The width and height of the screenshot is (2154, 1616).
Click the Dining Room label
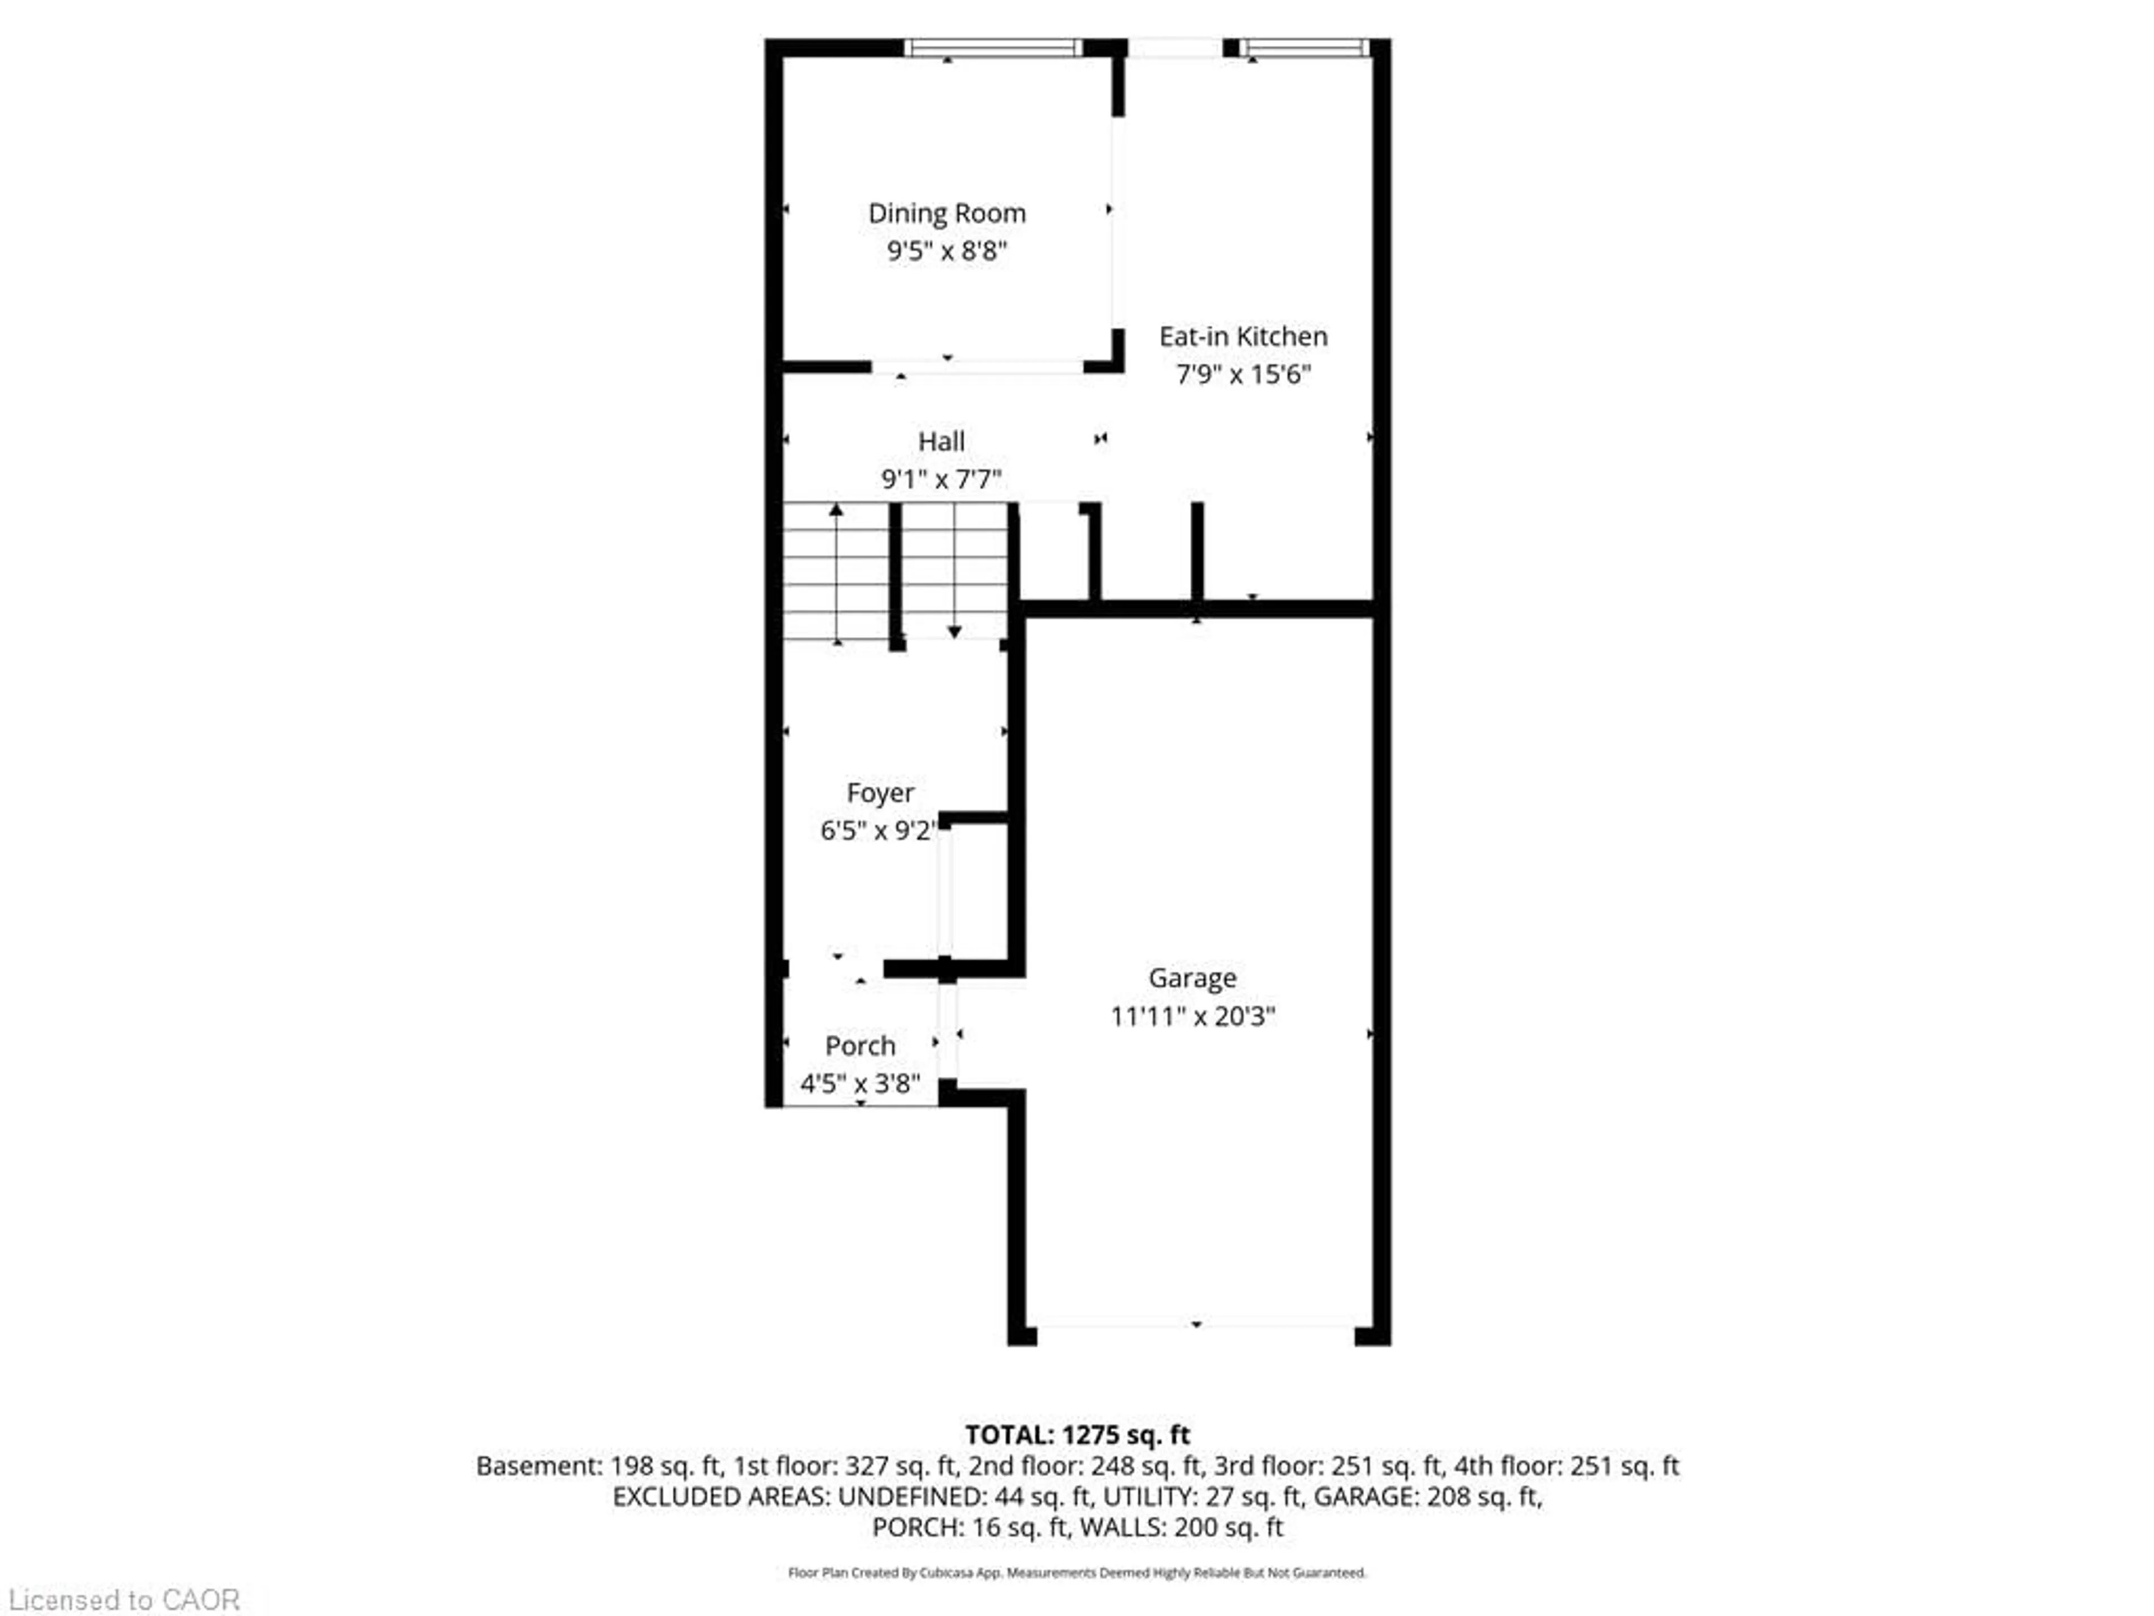(x=946, y=213)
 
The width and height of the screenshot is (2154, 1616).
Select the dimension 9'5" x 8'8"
(x=946, y=251)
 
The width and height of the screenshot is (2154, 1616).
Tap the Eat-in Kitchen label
(x=1242, y=337)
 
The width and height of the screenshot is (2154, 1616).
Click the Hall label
(x=941, y=441)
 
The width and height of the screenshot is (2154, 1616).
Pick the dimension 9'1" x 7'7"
(x=941, y=479)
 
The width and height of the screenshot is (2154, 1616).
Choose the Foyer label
(x=880, y=793)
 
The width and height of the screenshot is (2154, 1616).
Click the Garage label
(x=1192, y=978)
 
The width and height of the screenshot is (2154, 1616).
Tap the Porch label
(x=860, y=1046)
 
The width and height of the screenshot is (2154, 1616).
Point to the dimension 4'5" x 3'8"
(x=860, y=1084)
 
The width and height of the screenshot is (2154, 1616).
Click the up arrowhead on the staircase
(x=836, y=509)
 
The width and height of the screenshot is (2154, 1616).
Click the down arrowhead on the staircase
(x=954, y=632)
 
